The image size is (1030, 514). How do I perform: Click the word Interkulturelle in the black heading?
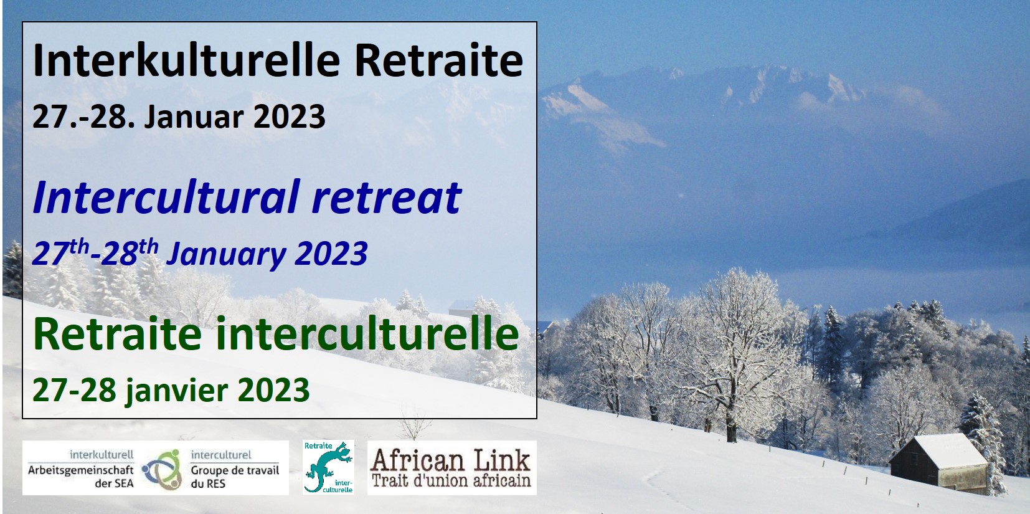[x=186, y=60]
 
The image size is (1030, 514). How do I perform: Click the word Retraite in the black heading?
[x=438, y=60]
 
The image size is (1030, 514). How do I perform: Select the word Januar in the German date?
[x=194, y=117]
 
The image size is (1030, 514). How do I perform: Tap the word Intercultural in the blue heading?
[x=166, y=197]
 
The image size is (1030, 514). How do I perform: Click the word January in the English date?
[x=226, y=254]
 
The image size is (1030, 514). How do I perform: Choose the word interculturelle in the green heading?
[x=367, y=334]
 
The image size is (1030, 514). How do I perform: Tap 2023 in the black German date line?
[x=289, y=117]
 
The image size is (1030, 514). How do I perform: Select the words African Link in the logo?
[x=451, y=460]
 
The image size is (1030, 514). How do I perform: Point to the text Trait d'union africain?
[x=451, y=481]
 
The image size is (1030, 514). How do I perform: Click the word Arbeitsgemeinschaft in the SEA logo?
[x=80, y=470]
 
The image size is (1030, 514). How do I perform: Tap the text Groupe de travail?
[x=235, y=470]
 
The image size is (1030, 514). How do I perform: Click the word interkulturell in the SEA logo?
[x=102, y=455]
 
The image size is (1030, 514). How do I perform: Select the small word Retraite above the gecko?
[x=318, y=445]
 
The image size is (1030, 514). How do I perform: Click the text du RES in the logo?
[x=208, y=483]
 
